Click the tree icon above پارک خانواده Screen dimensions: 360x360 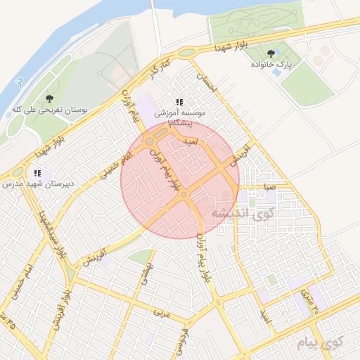click(x=271, y=53)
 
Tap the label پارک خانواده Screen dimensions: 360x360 click(x=271, y=65)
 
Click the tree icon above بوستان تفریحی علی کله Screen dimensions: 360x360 click(x=49, y=99)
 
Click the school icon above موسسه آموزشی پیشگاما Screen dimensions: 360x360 click(x=180, y=102)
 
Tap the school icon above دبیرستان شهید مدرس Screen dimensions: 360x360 click(x=37, y=173)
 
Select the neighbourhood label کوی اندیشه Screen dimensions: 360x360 click(x=243, y=212)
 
